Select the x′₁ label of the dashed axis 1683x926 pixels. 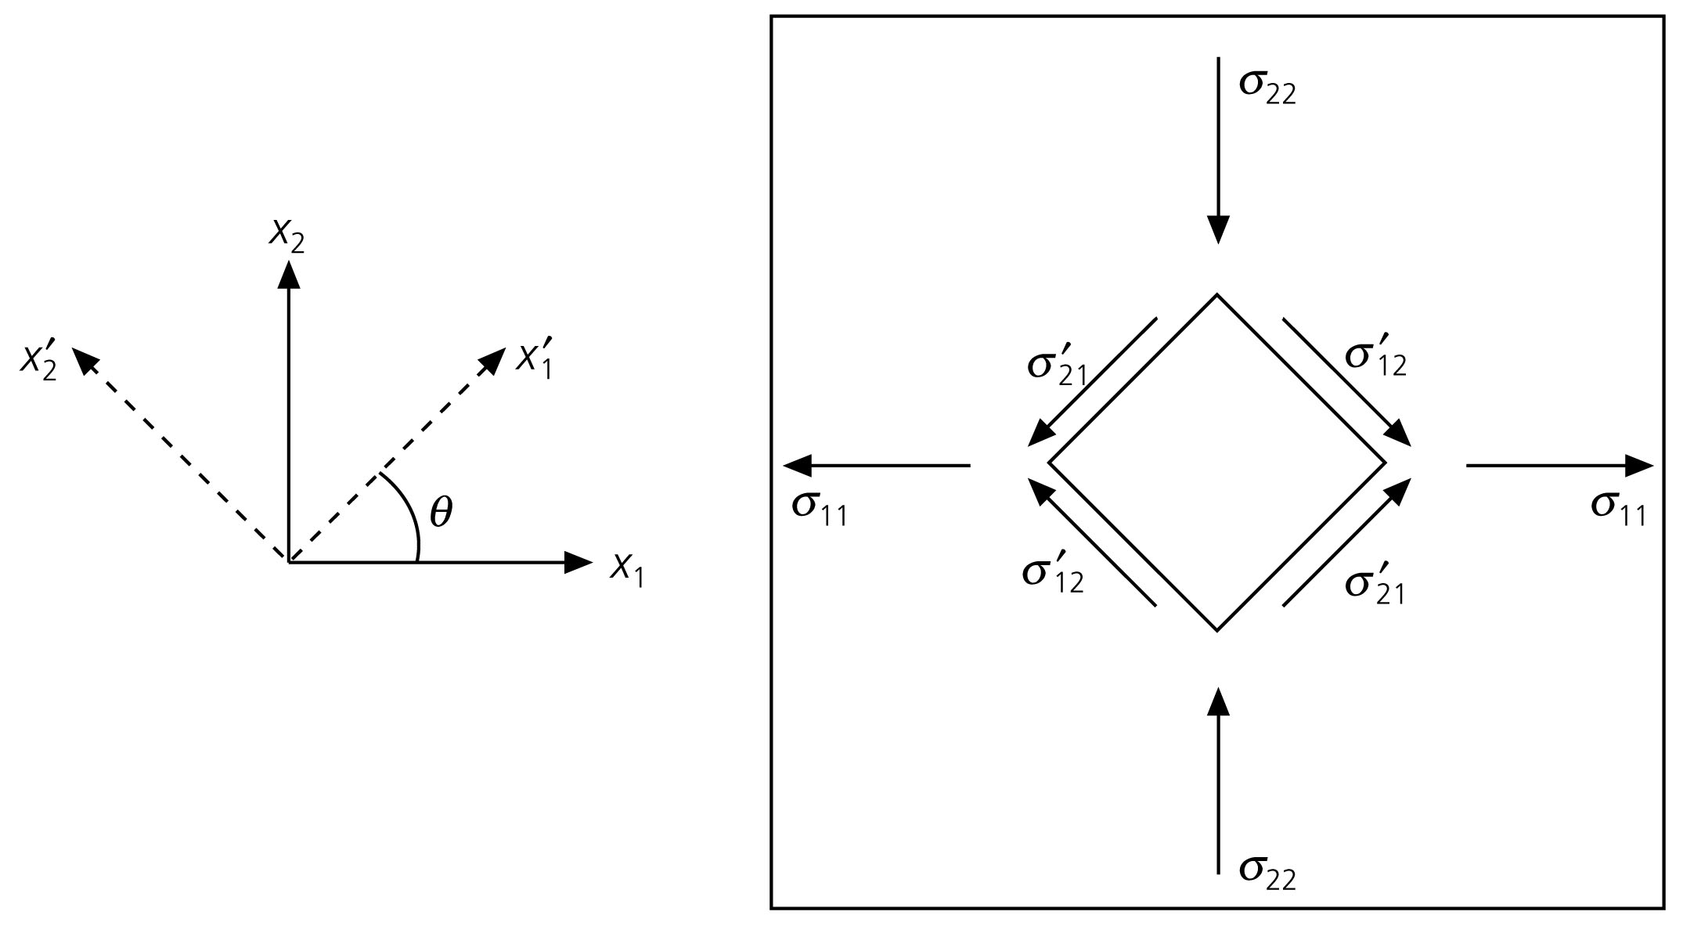pos(535,359)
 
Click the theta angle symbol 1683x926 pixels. pos(441,513)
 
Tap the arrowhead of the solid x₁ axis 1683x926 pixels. pos(578,562)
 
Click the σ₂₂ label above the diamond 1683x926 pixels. pos(1267,86)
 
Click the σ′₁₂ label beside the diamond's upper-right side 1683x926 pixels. pos(1375,358)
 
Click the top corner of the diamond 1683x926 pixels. pos(1217,295)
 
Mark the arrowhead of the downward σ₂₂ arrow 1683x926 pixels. pos(1217,229)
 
